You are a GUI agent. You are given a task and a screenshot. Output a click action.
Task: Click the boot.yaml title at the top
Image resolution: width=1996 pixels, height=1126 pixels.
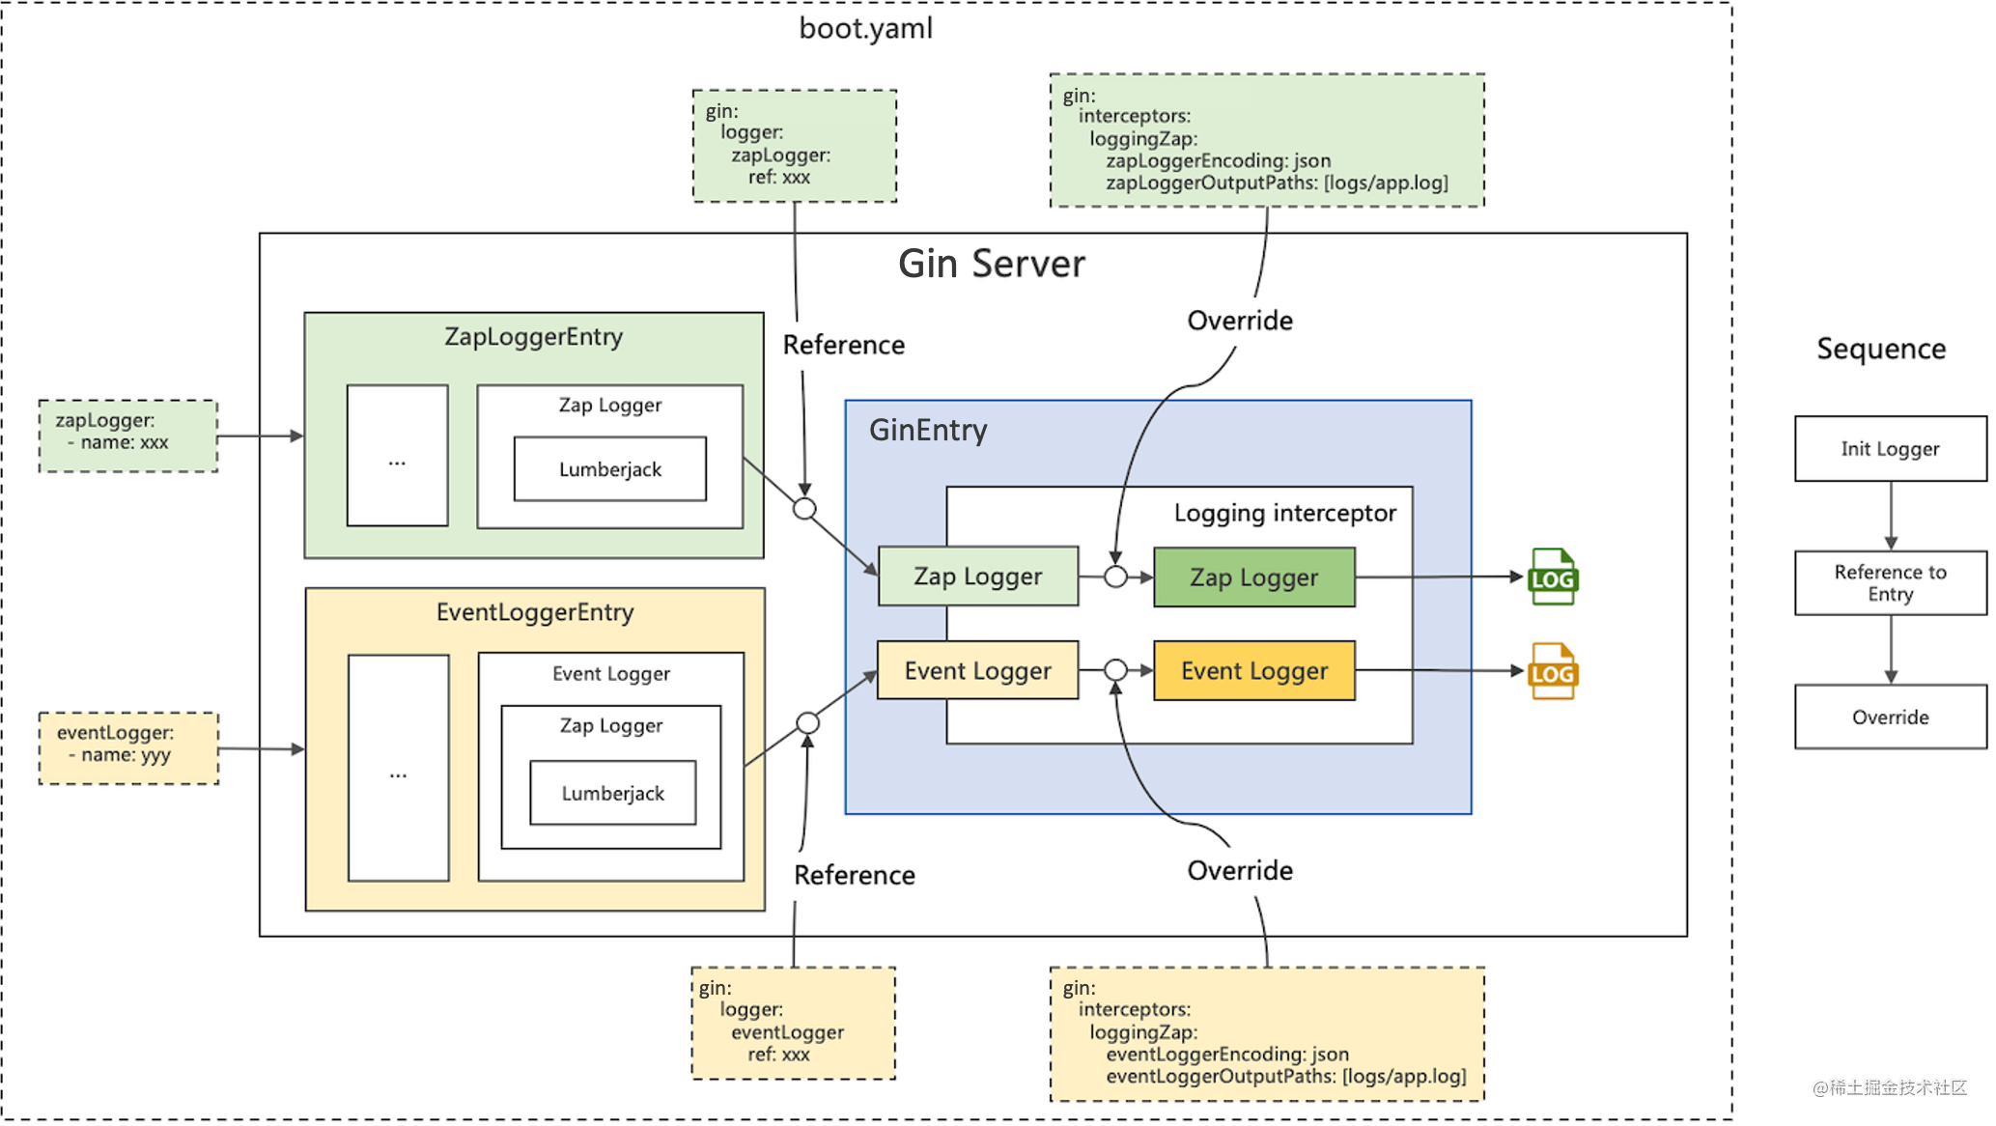coord(865,28)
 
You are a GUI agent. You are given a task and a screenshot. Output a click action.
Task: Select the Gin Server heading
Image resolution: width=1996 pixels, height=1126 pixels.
coord(991,264)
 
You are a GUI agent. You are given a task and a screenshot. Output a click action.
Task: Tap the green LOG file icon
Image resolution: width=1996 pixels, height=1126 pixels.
coord(1552,577)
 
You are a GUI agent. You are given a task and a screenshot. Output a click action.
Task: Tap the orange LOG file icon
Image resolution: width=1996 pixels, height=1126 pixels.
coord(1552,671)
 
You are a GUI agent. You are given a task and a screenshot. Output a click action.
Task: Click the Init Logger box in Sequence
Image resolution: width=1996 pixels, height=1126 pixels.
coord(1890,448)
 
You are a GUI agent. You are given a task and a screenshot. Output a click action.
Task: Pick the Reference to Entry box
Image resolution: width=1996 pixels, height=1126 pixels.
coord(1890,582)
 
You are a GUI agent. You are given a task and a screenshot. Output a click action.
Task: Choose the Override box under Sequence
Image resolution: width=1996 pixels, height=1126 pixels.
coord(1890,717)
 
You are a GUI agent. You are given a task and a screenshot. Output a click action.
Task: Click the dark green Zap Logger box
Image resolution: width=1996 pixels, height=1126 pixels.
coord(1253,577)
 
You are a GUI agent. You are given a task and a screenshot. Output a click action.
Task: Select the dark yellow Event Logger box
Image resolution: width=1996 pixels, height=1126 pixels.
coord(1253,670)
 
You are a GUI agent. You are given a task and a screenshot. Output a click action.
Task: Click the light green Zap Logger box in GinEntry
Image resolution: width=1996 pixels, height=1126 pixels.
coord(977,577)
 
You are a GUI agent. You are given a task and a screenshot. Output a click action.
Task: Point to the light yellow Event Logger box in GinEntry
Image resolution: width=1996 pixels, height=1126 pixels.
coord(977,670)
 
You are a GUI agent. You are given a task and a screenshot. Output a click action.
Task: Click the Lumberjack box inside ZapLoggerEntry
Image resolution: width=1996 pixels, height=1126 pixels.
coord(609,469)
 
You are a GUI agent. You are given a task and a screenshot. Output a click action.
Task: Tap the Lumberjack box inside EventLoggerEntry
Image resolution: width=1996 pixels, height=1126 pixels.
coord(612,793)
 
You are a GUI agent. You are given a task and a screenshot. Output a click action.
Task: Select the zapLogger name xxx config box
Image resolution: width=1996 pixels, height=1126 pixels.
coord(127,436)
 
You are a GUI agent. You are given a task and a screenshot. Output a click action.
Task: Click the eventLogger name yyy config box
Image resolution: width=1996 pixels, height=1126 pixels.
coord(128,748)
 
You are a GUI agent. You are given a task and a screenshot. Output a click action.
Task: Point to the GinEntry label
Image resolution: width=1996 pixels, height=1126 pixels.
coord(927,430)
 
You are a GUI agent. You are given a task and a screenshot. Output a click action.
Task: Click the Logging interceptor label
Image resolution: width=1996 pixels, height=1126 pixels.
coord(1284,513)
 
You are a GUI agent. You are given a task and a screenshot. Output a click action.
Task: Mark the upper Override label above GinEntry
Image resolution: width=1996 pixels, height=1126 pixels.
coord(1239,321)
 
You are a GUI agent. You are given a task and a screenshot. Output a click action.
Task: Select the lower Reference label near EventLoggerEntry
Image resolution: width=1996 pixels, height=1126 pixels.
coord(854,875)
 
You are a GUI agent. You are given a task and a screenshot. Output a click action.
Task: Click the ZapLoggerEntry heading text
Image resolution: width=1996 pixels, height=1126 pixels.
coord(533,337)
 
